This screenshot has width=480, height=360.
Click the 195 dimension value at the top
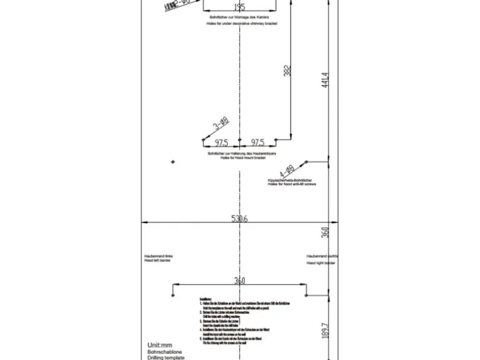coord(239,7)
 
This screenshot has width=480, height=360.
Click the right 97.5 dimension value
coord(257,143)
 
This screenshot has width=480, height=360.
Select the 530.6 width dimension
coord(239,219)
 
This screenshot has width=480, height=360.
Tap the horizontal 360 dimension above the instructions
coord(239,281)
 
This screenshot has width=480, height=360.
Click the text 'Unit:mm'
coord(160,345)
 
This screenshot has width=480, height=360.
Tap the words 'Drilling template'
coord(166,358)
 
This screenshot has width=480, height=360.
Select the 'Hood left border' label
coord(157,260)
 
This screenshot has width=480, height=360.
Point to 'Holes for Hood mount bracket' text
coord(241,158)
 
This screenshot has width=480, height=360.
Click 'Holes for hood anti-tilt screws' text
coord(292,184)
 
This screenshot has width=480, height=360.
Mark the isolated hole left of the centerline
coord(173,162)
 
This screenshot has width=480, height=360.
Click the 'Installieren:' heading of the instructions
coord(206,299)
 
